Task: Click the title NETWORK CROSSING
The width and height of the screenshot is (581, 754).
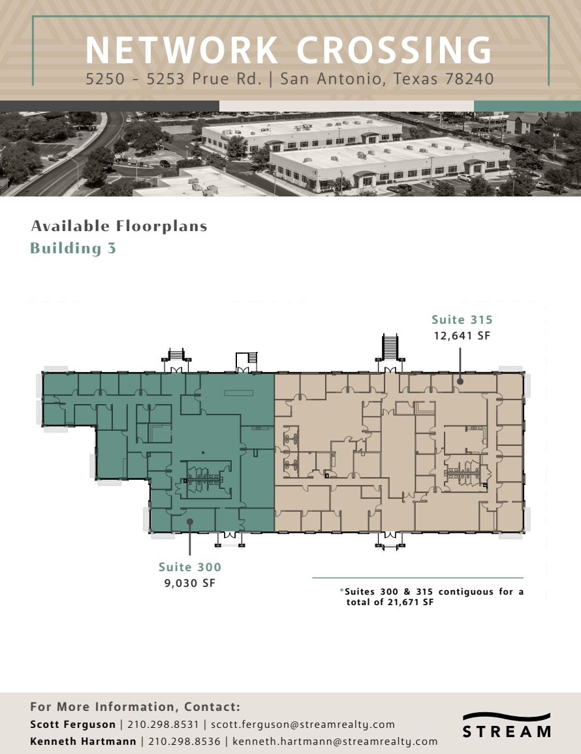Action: tap(289, 51)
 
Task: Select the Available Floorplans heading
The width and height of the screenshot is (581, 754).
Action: tap(119, 226)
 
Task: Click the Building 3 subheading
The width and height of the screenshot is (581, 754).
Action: tap(73, 248)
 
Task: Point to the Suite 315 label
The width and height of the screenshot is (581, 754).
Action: tap(462, 320)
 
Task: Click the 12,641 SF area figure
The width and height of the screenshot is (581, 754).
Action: tap(462, 336)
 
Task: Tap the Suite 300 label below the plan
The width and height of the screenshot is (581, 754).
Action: tap(190, 567)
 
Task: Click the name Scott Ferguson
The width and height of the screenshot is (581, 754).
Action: tap(72, 724)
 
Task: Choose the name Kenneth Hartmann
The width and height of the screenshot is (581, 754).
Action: tap(84, 741)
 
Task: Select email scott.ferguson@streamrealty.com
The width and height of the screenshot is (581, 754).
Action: tap(303, 724)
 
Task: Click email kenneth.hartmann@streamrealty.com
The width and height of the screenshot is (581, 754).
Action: tap(335, 741)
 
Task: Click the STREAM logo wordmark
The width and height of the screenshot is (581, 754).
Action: tap(507, 731)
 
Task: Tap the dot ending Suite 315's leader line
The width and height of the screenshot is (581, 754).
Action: tap(460, 381)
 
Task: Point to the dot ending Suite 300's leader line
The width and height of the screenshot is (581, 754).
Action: tap(189, 521)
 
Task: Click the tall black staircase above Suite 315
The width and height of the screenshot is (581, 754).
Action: tap(389, 346)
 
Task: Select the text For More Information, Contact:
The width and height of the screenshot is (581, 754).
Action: tap(135, 707)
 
